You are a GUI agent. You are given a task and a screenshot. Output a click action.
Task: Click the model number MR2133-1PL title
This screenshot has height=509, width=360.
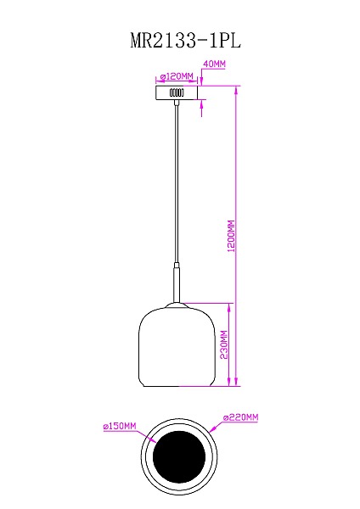pos(179,39)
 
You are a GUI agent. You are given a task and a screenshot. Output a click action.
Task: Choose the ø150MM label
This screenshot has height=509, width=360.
pos(119,427)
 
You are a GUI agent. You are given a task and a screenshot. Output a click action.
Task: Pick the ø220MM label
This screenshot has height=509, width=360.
pos(240,418)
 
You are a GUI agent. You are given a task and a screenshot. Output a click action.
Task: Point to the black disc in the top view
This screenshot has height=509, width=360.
pos(177,458)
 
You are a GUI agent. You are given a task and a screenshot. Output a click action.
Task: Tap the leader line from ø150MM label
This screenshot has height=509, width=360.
pos(144,435)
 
